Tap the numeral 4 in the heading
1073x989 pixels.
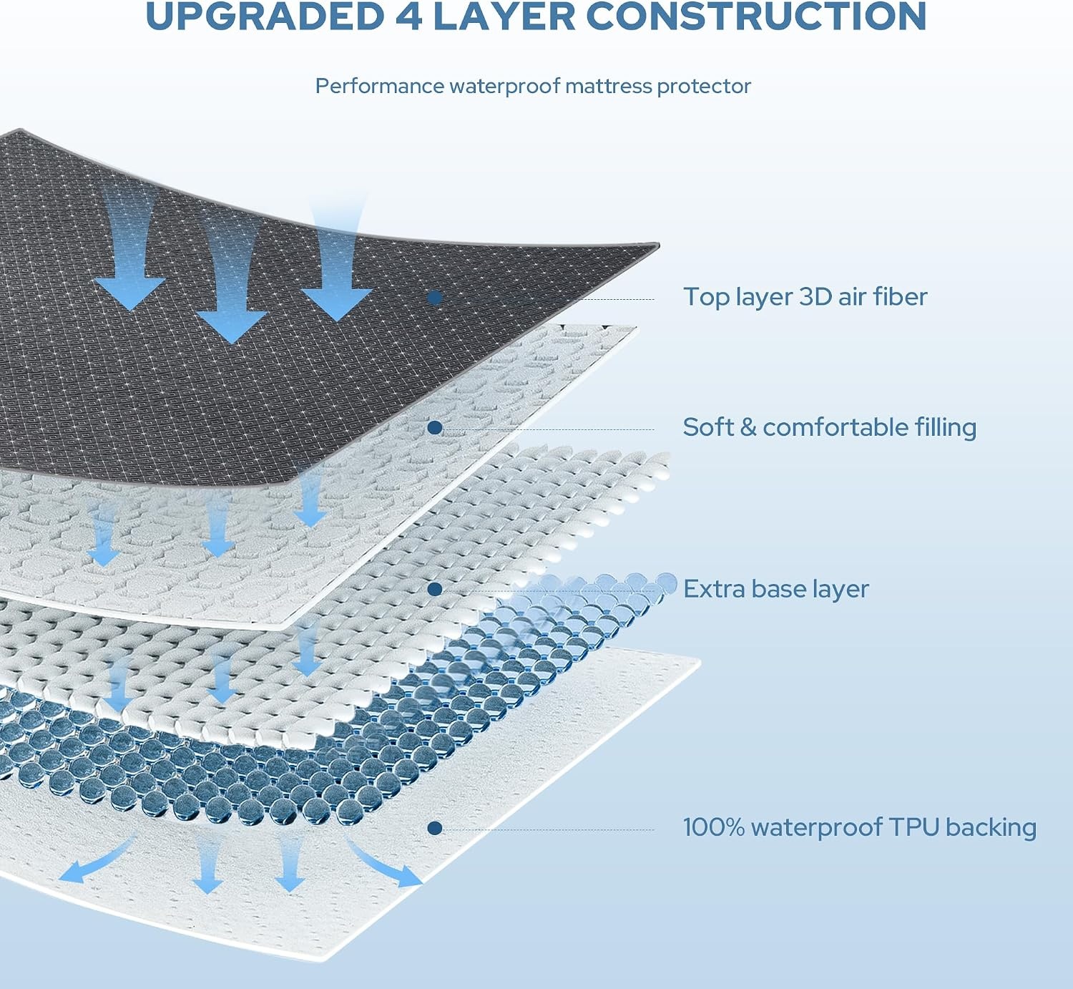click(408, 16)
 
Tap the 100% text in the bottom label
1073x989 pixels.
click(714, 827)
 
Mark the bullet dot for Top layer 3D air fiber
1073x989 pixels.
click(436, 298)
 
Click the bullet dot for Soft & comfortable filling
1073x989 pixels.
click(435, 428)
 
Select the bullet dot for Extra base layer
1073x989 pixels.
click(435, 589)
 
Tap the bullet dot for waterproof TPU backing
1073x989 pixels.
click(435, 829)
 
